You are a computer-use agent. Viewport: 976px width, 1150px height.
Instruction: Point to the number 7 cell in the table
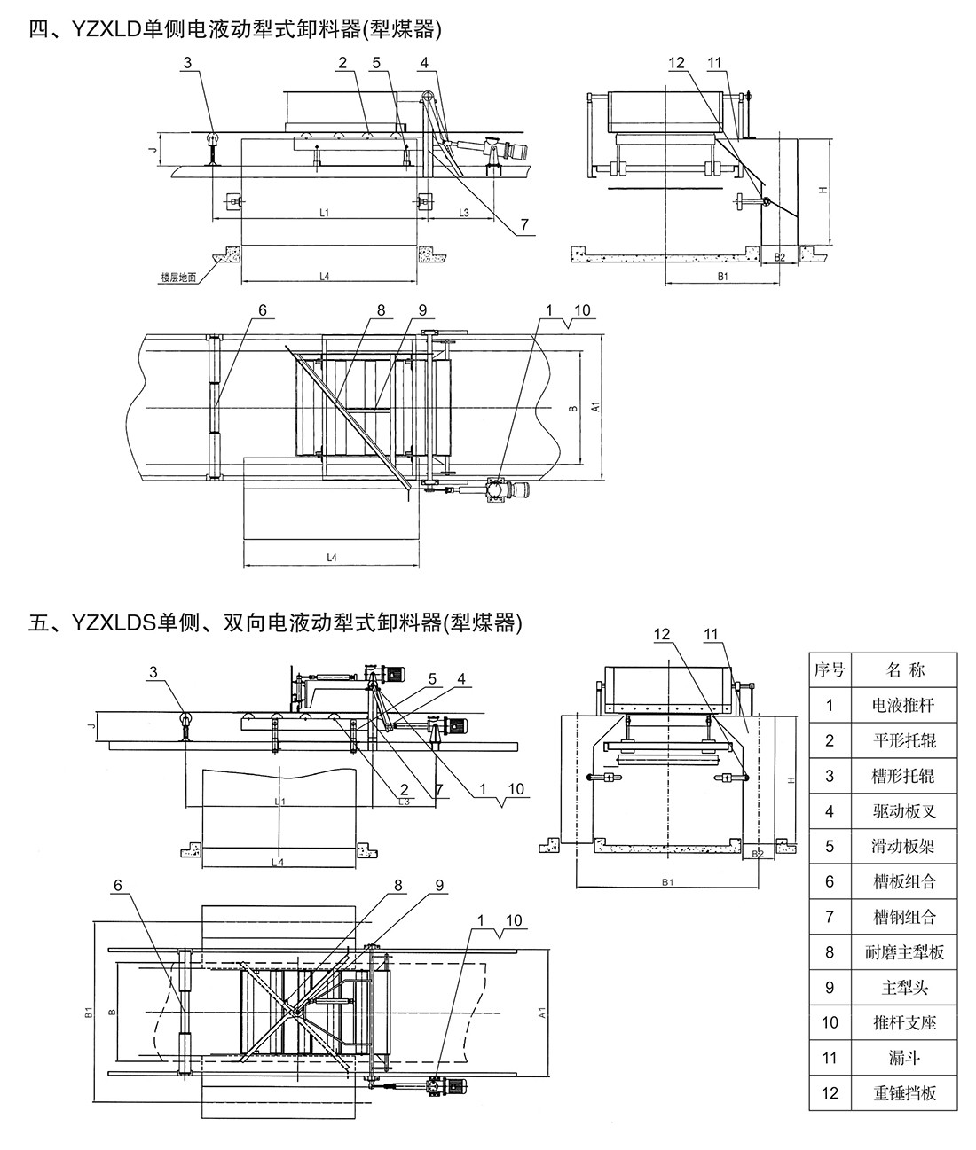click(x=830, y=917)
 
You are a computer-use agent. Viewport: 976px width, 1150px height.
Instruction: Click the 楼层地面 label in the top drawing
click(x=178, y=277)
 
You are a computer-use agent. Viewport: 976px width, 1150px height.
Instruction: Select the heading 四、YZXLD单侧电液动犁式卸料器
click(x=234, y=30)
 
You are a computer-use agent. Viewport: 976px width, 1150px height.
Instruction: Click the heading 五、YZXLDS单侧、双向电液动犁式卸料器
click(x=275, y=623)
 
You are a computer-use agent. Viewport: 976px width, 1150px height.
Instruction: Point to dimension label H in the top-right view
click(x=823, y=190)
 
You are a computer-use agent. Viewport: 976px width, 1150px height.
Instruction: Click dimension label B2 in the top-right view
click(x=780, y=257)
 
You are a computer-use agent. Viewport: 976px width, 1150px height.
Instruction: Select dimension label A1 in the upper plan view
click(x=597, y=406)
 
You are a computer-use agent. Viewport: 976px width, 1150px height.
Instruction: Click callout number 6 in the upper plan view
click(x=263, y=310)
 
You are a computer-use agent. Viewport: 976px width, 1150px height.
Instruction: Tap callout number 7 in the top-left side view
click(x=524, y=225)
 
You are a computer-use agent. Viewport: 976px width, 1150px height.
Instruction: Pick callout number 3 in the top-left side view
click(x=186, y=63)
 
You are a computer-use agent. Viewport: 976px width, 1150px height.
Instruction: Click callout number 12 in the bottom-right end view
click(x=663, y=634)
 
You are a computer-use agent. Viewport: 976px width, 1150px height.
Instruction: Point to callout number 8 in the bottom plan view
click(x=397, y=884)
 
